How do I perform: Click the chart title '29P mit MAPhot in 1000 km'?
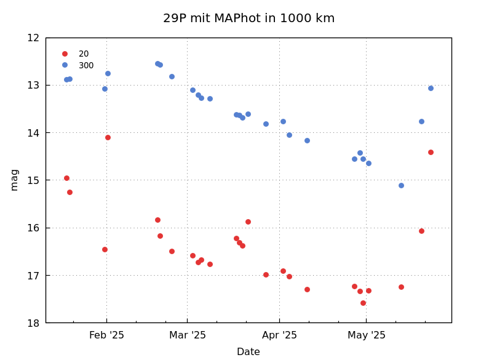[248, 18]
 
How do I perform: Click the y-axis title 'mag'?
[14, 180]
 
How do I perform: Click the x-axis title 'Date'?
[248, 352]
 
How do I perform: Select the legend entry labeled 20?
[84, 54]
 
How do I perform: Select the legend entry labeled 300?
[86, 66]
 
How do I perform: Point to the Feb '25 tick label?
[106, 335]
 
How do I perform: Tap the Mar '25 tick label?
[188, 335]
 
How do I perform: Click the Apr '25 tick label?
[279, 335]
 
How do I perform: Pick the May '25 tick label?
[367, 335]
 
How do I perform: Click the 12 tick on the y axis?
[33, 38]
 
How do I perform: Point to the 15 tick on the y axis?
[33, 180]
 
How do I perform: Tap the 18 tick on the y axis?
[33, 323]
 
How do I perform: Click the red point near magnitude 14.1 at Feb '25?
[108, 137]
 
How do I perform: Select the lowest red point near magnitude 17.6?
[363, 303]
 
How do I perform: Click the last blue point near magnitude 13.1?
[431, 88]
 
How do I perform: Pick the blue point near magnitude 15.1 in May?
[401, 185]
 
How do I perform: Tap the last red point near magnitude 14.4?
[431, 152]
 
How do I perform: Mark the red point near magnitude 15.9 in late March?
[248, 222]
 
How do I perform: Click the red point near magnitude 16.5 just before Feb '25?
[105, 249]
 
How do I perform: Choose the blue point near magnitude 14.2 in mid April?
[307, 140]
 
